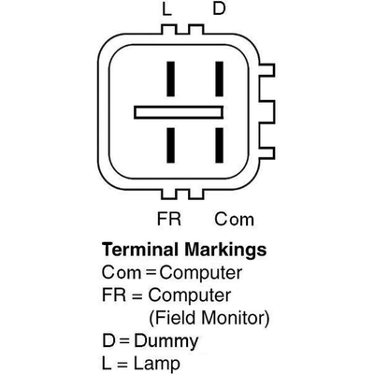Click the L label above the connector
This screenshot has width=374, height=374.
click(166, 9)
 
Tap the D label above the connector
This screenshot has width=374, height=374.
click(219, 8)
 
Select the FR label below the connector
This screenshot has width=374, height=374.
click(169, 219)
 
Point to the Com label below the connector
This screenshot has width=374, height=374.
click(234, 219)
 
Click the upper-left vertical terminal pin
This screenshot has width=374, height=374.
click(170, 79)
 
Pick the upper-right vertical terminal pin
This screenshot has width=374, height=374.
click(220, 79)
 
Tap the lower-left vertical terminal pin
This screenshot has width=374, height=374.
click(170, 145)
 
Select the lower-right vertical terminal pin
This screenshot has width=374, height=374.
click(220, 145)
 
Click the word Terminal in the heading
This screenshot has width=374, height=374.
click(141, 250)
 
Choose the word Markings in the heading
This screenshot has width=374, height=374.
click(225, 251)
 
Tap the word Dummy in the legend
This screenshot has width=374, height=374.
click(166, 341)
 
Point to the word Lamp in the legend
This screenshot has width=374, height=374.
click(157, 364)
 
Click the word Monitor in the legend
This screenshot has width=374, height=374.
click(236, 318)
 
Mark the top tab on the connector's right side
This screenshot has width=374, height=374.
click(266, 70)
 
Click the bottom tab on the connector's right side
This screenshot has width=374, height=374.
click(266, 153)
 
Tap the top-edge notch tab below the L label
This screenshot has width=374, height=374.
click(169, 30)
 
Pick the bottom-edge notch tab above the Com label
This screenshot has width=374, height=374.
click(196, 194)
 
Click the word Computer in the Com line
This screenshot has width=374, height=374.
click(201, 273)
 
